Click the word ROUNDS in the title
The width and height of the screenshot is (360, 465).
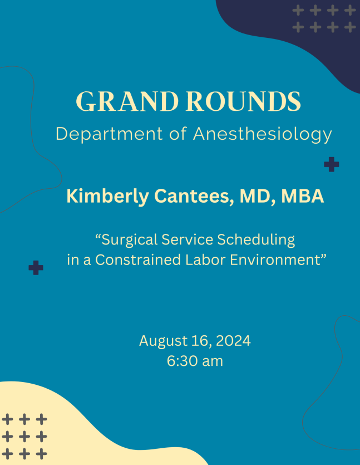244,101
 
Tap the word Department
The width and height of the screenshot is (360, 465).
109,134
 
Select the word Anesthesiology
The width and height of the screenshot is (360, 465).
263,134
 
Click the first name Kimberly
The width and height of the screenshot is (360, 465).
107,197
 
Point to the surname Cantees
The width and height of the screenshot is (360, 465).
194,196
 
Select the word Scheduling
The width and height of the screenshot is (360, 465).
256,240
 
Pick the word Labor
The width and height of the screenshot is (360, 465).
205,260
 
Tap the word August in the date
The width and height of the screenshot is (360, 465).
163,341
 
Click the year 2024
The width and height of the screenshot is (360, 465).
233,340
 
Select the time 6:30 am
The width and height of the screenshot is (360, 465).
195,361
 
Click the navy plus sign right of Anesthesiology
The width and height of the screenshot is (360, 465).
332,164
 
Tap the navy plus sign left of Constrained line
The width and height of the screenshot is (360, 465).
36,268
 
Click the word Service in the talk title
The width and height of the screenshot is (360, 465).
188,239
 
